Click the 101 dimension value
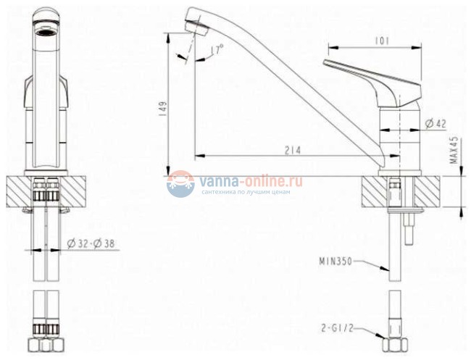[x=383, y=41]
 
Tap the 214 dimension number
[x=293, y=150]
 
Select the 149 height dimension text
[x=162, y=109]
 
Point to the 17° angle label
[x=217, y=49]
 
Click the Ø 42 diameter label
[x=435, y=123]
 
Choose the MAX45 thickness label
[x=455, y=150]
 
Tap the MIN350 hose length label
[x=335, y=261]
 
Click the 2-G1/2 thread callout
[x=337, y=328]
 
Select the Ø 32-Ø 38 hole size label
[x=91, y=243]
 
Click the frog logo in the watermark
[x=180, y=184]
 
